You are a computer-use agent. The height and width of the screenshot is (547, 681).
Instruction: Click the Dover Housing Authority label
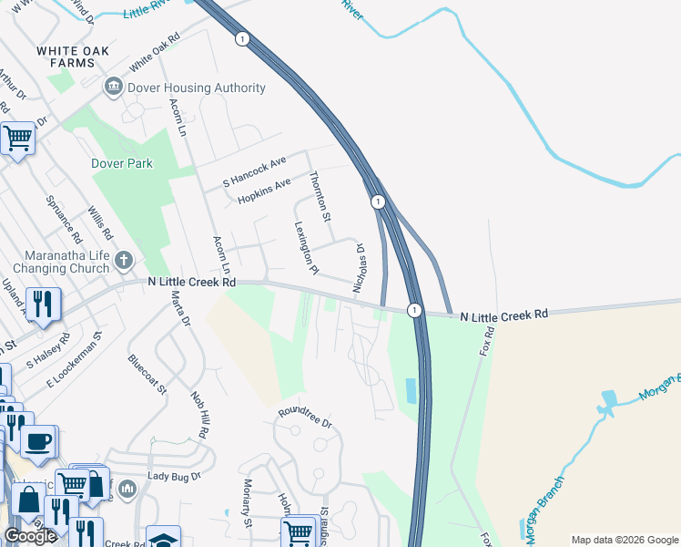[197, 88]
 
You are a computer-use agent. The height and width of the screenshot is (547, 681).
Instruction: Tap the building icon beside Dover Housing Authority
[114, 88]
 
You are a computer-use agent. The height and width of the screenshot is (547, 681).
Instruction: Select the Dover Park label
[122, 164]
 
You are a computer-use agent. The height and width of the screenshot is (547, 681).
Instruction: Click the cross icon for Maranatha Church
[125, 262]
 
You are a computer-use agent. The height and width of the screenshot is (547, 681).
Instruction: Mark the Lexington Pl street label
[306, 247]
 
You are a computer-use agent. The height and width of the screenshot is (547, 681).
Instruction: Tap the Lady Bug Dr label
[173, 476]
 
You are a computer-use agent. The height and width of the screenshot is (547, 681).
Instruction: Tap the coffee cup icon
[37, 442]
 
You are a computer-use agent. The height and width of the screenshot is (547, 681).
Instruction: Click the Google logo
[30, 536]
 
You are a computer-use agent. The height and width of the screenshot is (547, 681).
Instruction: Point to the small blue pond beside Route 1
[410, 391]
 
